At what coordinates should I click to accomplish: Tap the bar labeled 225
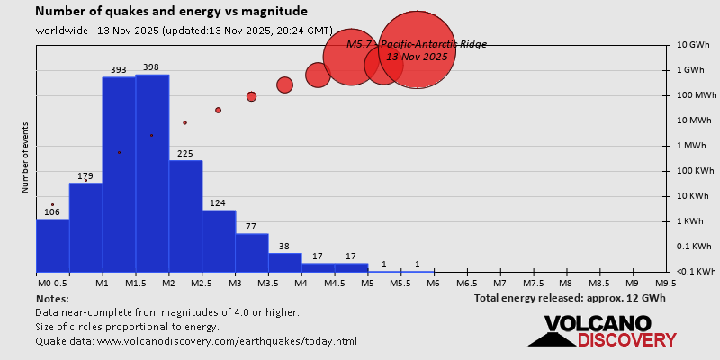pos(185,216)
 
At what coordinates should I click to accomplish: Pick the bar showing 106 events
pos(52,245)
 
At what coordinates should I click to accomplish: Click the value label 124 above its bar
pos(218,203)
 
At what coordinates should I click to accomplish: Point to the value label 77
pos(251,226)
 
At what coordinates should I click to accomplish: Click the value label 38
pos(284,246)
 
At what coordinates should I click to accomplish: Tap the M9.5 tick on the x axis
pos(666,283)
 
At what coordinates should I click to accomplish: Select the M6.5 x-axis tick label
pos(467,283)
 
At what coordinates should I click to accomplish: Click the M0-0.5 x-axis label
pos(52,283)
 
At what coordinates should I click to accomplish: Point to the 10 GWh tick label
pos(695,45)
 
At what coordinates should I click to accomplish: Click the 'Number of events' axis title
pos(25,159)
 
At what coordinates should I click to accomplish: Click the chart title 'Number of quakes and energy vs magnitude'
pos(171,12)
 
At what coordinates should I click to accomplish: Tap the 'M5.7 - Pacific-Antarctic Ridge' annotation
pos(416,44)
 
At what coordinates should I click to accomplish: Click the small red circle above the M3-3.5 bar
pos(251,96)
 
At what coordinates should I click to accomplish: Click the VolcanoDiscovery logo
pos(602,330)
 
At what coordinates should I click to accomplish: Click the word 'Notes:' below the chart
pos(52,298)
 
